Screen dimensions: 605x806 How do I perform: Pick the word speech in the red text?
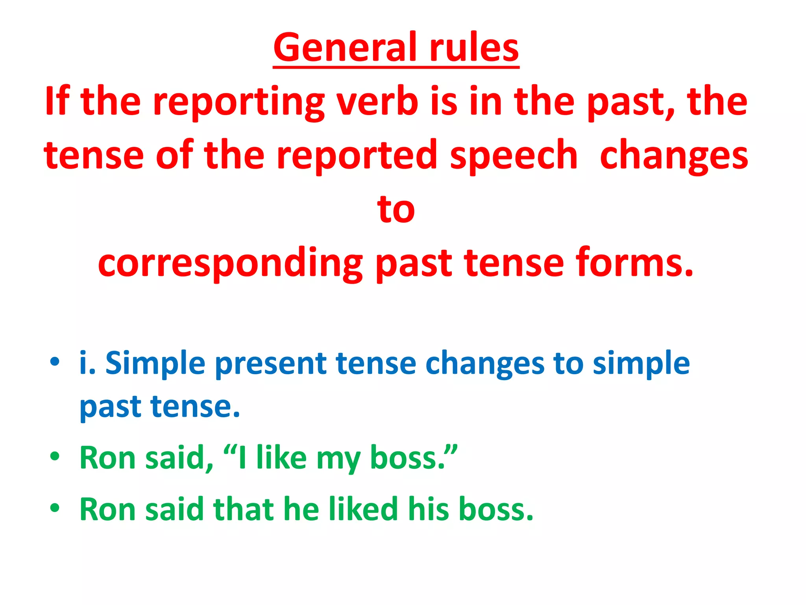click(514, 156)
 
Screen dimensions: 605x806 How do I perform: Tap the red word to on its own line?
click(396, 209)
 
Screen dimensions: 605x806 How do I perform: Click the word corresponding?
click(230, 263)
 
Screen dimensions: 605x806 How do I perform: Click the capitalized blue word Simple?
click(155, 363)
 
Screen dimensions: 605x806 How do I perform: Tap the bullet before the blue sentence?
click(55, 361)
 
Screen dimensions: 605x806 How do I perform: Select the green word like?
click(281, 458)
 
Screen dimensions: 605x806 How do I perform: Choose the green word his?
click(429, 509)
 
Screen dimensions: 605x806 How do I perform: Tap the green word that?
click(243, 509)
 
